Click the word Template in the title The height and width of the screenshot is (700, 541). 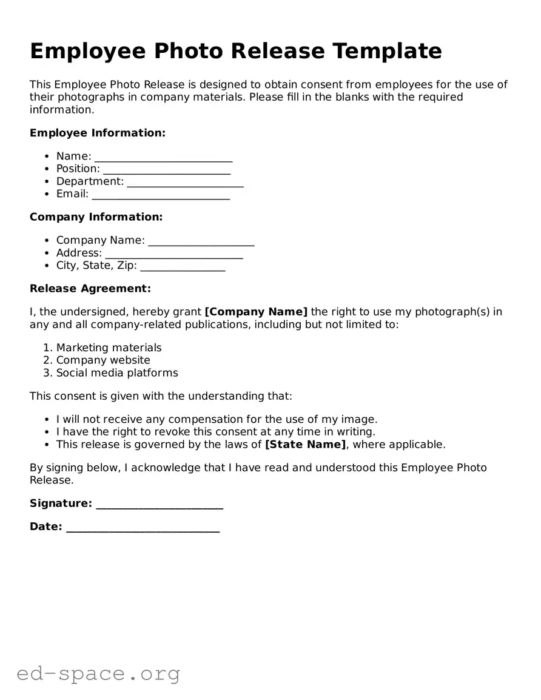[386, 51]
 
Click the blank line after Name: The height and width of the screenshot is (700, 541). [163, 157]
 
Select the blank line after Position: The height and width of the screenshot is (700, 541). [166, 170]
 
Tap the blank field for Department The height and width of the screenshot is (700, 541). [185, 182]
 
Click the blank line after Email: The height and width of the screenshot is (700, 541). [161, 195]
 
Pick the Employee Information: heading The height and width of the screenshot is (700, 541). [97, 133]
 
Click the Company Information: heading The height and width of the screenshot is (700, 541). [96, 217]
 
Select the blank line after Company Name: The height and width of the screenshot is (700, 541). [201, 241]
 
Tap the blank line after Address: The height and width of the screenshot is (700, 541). [173, 254]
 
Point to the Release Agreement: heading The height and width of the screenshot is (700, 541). [90, 289]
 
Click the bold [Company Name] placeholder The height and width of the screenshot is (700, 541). [256, 312]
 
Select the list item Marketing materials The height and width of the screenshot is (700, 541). [109, 348]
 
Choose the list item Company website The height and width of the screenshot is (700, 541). [103, 360]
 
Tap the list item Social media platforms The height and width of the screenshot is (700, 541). [117, 373]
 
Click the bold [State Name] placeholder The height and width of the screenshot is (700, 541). [306, 445]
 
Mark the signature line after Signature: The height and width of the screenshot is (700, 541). [160, 504]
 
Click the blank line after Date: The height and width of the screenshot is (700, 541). [143, 528]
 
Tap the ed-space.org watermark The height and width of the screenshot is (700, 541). [98, 673]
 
